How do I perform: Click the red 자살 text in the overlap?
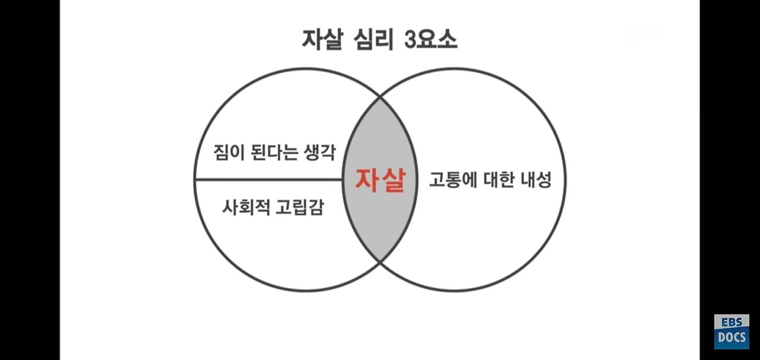point(380,179)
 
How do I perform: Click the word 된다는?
point(271,152)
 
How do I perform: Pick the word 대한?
point(499,179)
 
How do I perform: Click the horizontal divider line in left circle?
point(267,179)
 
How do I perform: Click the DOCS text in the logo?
point(731,338)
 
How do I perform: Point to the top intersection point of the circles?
point(380,97)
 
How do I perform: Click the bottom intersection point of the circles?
point(380,262)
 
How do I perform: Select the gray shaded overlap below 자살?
point(380,226)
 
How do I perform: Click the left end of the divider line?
point(196,179)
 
